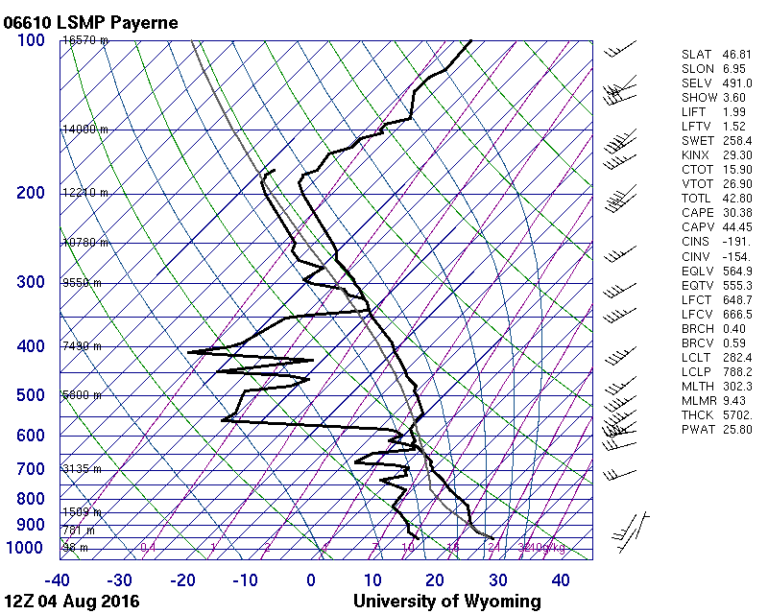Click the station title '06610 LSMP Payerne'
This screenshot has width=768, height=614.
(x=90, y=21)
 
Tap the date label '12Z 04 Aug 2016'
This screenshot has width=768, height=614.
(x=72, y=602)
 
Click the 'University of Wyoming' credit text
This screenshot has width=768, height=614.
(x=446, y=602)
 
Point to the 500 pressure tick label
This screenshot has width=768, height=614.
(x=31, y=395)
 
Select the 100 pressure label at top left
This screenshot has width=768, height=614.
(x=31, y=40)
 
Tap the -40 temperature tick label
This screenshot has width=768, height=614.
(x=58, y=579)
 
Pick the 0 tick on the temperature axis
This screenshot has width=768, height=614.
(x=311, y=579)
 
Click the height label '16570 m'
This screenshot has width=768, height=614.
(x=85, y=40)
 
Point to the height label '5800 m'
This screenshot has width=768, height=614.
(x=82, y=395)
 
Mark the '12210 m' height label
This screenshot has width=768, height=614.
(x=85, y=193)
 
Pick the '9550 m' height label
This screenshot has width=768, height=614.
(x=82, y=283)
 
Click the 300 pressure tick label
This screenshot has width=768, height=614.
(x=31, y=282)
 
